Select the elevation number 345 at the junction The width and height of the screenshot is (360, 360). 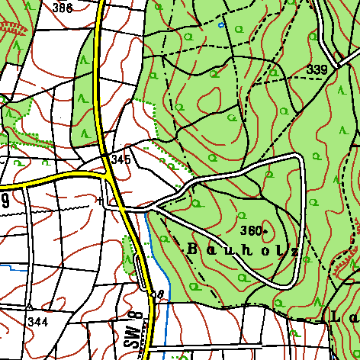(121, 159)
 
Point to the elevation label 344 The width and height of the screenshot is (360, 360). (37, 323)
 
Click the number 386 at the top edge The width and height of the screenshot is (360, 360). (64, 8)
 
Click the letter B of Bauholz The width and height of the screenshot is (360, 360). (192, 249)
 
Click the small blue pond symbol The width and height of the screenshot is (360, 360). (221, 24)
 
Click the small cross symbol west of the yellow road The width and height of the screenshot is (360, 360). (100, 201)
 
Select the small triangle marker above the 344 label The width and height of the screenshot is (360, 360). (29, 307)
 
